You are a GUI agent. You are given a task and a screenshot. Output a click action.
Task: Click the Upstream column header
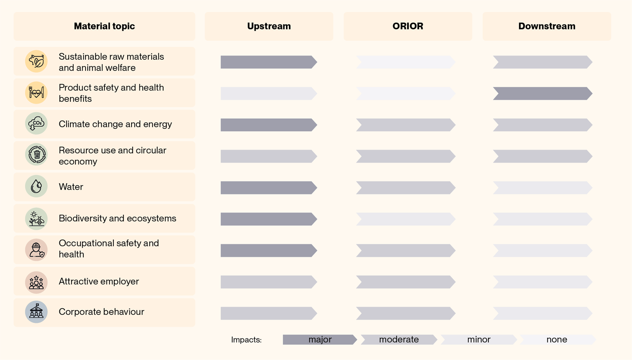pos(269,26)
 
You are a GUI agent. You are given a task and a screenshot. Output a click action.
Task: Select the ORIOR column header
pos(408,26)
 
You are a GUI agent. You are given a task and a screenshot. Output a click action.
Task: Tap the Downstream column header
pos(547,26)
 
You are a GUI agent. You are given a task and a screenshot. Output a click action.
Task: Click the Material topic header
pos(104,26)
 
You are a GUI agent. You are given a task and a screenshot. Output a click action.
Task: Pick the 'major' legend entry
pos(320,339)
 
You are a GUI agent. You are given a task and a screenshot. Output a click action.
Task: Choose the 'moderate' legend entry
pos(399,339)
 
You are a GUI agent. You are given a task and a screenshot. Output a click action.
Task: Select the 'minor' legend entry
pos(479,339)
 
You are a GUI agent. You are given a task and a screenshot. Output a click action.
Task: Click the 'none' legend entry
pos(557,339)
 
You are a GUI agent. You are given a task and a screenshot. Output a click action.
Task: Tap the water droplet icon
pos(36,187)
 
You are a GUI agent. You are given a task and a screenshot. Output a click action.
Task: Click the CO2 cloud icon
pos(36,123)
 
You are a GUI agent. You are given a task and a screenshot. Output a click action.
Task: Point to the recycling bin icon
pos(36,155)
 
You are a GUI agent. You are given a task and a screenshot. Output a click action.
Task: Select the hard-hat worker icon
pos(36,250)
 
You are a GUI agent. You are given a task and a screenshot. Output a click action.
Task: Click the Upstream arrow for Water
pos(269,188)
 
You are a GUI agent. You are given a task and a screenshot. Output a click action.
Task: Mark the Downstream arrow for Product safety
pos(543,93)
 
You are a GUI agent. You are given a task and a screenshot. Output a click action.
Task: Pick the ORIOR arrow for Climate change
pos(406,125)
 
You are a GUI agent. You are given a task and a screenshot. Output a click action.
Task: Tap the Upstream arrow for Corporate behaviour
pos(269,313)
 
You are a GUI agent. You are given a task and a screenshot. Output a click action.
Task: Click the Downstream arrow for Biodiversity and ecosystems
pos(543,219)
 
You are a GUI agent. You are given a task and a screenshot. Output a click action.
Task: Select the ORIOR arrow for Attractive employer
pos(406,282)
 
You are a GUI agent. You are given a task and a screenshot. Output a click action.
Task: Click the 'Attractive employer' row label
pos(99,281)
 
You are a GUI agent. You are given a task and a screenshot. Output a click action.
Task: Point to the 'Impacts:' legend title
pos(246,340)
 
